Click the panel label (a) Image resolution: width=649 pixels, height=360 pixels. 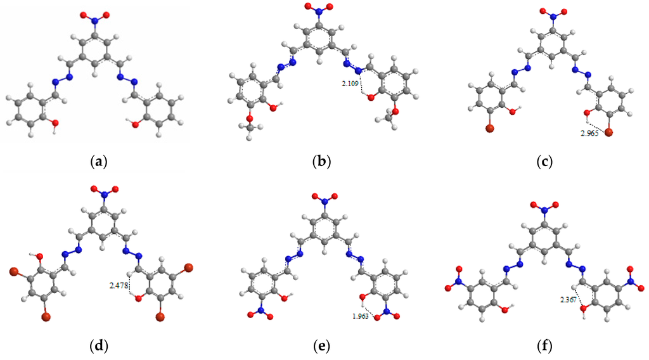[x=98, y=162]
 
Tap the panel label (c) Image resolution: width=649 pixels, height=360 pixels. [x=544, y=162]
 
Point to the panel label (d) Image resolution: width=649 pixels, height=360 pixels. [x=98, y=346]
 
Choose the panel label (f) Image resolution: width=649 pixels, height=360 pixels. [x=544, y=346]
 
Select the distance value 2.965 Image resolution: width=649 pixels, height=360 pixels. [x=591, y=134]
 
